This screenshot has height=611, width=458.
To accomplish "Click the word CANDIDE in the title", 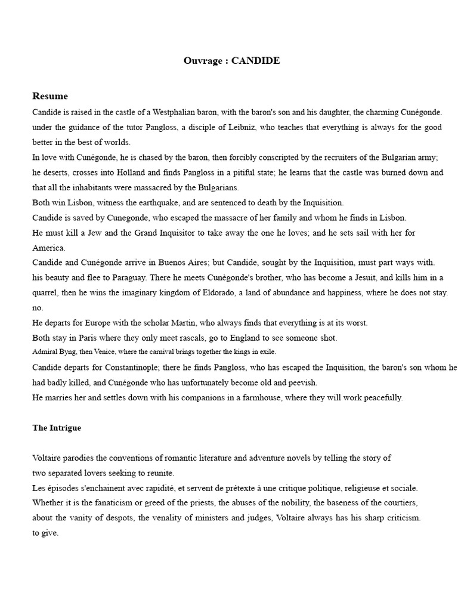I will pyautogui.click(x=256, y=61).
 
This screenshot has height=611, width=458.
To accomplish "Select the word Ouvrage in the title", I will pyautogui.click(x=203, y=61).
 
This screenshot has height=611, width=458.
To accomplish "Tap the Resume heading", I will pyautogui.click(x=50, y=96).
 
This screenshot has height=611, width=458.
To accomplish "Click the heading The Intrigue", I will pyautogui.click(x=57, y=428).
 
